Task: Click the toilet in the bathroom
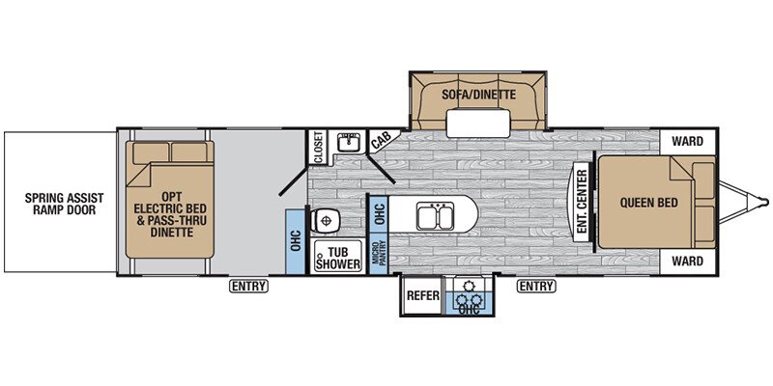click(325, 220)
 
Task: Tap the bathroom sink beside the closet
click(351, 142)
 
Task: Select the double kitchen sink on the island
click(435, 216)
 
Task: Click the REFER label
click(422, 295)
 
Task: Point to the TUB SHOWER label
click(338, 259)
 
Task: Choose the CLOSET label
click(318, 148)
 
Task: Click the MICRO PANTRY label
click(379, 254)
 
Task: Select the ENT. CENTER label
click(582, 202)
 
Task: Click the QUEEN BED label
click(648, 203)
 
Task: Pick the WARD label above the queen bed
click(687, 142)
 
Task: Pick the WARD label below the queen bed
click(687, 261)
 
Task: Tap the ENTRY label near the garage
click(248, 286)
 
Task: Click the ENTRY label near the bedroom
click(536, 286)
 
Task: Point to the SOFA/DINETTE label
click(478, 94)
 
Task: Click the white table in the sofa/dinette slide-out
click(478, 124)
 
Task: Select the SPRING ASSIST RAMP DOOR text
click(64, 204)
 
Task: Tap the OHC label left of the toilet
click(296, 241)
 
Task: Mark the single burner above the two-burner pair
click(466, 286)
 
